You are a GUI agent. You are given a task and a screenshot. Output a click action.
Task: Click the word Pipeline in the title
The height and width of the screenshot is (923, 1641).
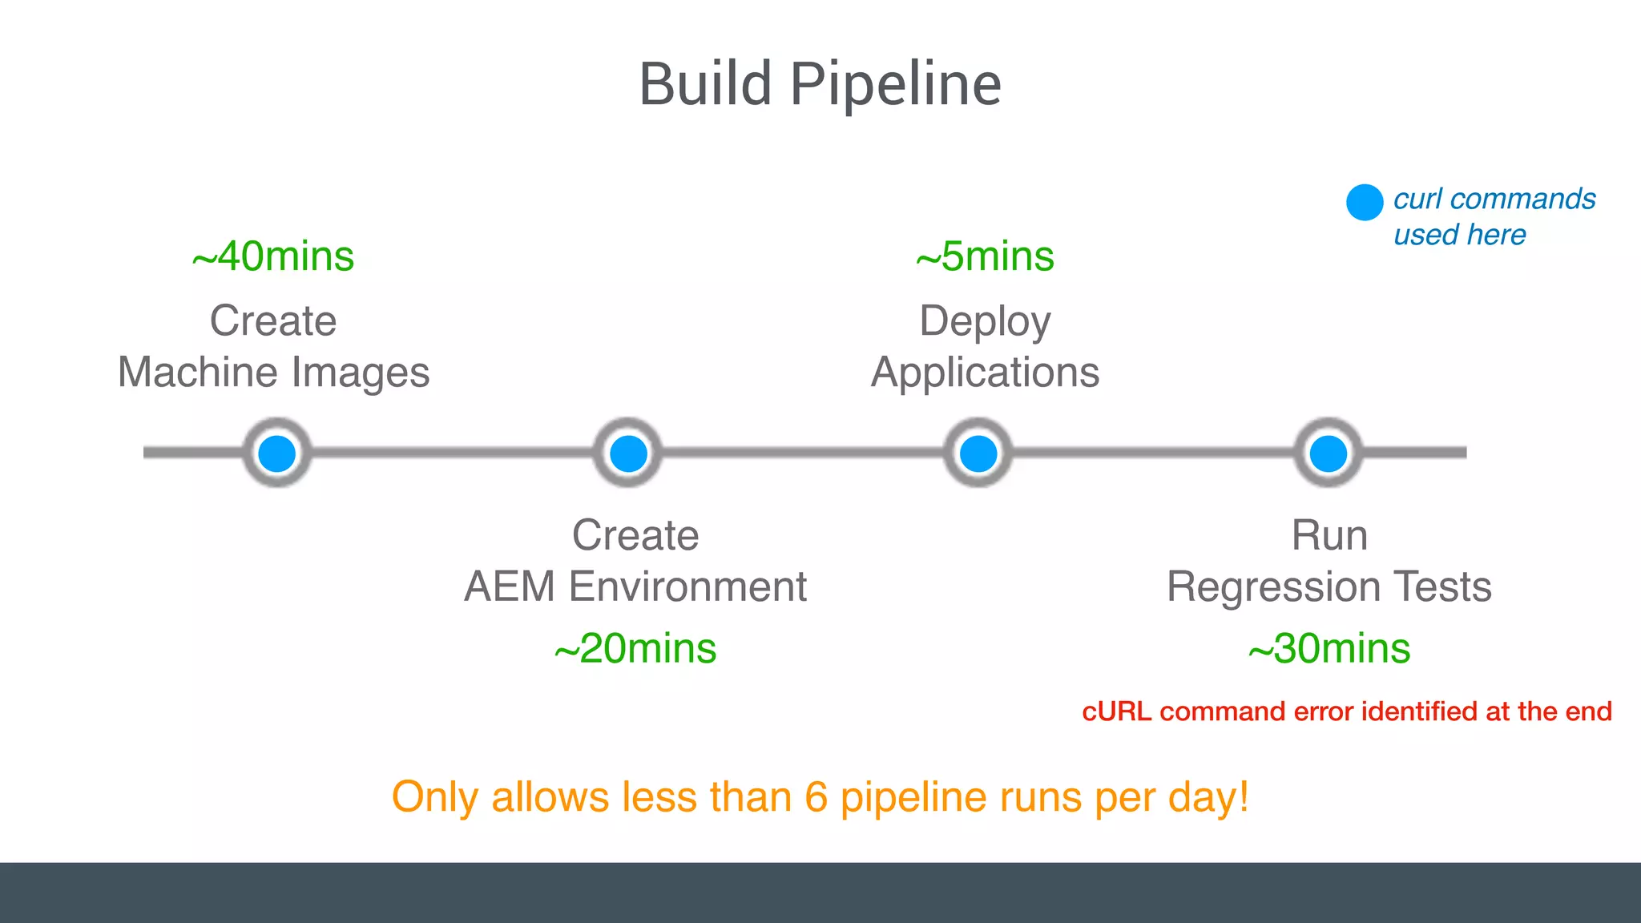(x=896, y=85)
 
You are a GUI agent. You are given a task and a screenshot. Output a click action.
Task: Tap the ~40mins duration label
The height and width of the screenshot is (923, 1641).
(x=273, y=257)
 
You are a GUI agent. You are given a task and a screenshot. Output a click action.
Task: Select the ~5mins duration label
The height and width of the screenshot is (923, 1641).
(x=985, y=257)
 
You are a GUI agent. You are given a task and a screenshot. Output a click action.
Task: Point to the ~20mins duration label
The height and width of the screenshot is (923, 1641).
(x=635, y=649)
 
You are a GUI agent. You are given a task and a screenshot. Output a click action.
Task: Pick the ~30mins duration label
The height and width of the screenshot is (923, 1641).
(x=1329, y=649)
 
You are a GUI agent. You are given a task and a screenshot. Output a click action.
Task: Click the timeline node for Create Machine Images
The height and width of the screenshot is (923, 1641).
(x=277, y=453)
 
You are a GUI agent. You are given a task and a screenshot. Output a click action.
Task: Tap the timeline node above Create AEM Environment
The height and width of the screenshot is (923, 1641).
(x=628, y=453)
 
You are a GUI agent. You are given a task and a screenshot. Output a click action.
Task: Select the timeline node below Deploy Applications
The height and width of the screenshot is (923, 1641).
(x=978, y=453)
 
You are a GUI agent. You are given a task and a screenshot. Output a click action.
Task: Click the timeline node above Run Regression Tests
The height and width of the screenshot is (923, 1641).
(x=1329, y=453)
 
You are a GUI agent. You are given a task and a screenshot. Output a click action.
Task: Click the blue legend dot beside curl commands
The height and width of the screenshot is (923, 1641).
(x=1365, y=202)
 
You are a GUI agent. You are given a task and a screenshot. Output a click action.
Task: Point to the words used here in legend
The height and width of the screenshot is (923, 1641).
(x=1459, y=236)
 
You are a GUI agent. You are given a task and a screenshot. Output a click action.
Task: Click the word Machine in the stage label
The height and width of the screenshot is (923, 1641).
(x=199, y=373)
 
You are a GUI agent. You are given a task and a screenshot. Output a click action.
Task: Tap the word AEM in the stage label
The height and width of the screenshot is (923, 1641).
(x=510, y=586)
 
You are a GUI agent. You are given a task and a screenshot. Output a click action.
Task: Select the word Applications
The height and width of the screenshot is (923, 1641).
(x=985, y=373)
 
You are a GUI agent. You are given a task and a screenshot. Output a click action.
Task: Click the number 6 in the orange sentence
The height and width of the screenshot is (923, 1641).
(x=816, y=797)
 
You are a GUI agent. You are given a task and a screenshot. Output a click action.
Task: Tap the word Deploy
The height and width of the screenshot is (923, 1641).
(x=985, y=322)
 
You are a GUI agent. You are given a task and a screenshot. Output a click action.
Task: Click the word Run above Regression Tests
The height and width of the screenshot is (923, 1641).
(x=1329, y=535)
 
